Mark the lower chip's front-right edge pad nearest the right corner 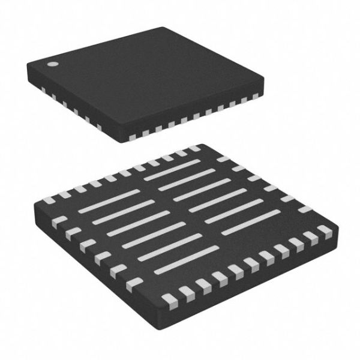point(325,231)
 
